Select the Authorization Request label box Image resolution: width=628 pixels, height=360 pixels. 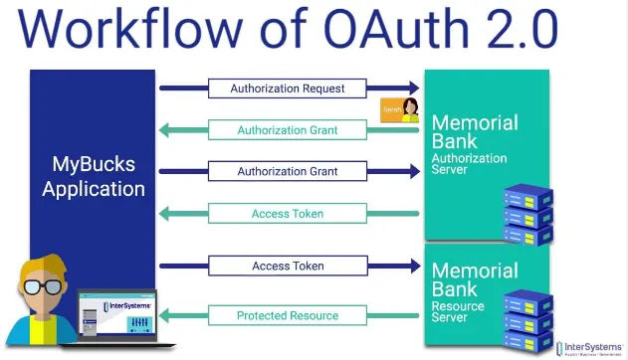288,89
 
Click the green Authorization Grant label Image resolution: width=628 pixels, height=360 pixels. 288,130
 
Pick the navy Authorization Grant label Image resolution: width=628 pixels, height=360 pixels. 288,171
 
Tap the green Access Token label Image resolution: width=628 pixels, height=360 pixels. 288,213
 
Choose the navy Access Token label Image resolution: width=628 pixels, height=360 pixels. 288,267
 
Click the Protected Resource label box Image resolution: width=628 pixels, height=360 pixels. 288,316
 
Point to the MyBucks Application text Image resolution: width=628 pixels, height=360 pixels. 94,176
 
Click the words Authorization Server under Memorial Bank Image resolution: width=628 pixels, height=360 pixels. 469,164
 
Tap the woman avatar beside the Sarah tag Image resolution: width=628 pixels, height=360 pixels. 409,110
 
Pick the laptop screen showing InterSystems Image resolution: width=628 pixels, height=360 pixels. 117,315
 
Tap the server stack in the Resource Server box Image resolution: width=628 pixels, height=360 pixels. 526,316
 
